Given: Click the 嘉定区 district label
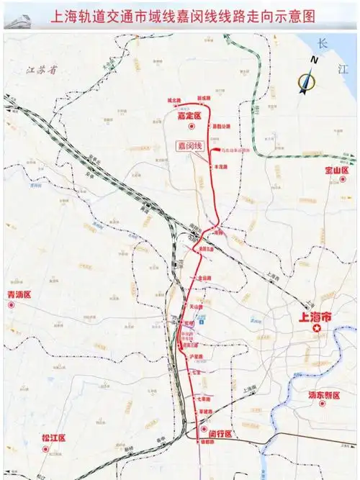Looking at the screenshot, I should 190,115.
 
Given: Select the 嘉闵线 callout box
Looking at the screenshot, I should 191,145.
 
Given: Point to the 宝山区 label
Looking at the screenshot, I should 337,171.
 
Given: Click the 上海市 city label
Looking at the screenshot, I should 316,316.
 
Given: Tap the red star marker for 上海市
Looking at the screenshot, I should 316,329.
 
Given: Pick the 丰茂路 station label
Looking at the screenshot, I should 220,166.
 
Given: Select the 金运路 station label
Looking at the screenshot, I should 204,277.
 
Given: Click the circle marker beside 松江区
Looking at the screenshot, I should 46,450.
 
